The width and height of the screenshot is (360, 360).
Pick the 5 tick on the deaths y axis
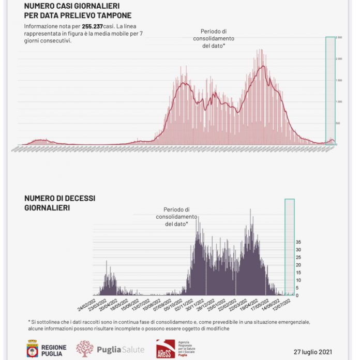click(x=297, y=288)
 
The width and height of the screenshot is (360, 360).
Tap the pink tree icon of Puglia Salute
click(x=84, y=349)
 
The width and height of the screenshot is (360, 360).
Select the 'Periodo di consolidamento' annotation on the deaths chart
click(x=176, y=217)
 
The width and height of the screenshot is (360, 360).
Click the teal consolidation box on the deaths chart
click(x=290, y=247)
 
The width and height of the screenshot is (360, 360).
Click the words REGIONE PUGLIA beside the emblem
click(x=54, y=349)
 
